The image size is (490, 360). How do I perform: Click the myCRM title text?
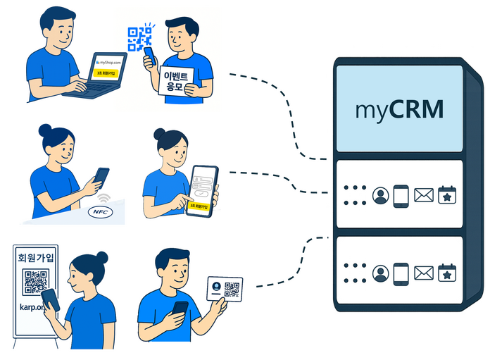[399, 111]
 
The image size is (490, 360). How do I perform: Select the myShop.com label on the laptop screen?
[108, 63]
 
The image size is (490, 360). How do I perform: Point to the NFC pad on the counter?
[99, 211]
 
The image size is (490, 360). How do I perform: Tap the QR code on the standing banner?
[36, 282]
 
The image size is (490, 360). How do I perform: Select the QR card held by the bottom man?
[225, 290]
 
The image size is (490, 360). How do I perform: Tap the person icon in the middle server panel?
[381, 196]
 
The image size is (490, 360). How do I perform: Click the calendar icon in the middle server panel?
[448, 195]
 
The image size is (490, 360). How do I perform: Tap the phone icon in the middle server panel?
[401, 195]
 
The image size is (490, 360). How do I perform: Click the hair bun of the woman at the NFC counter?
[44, 130]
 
